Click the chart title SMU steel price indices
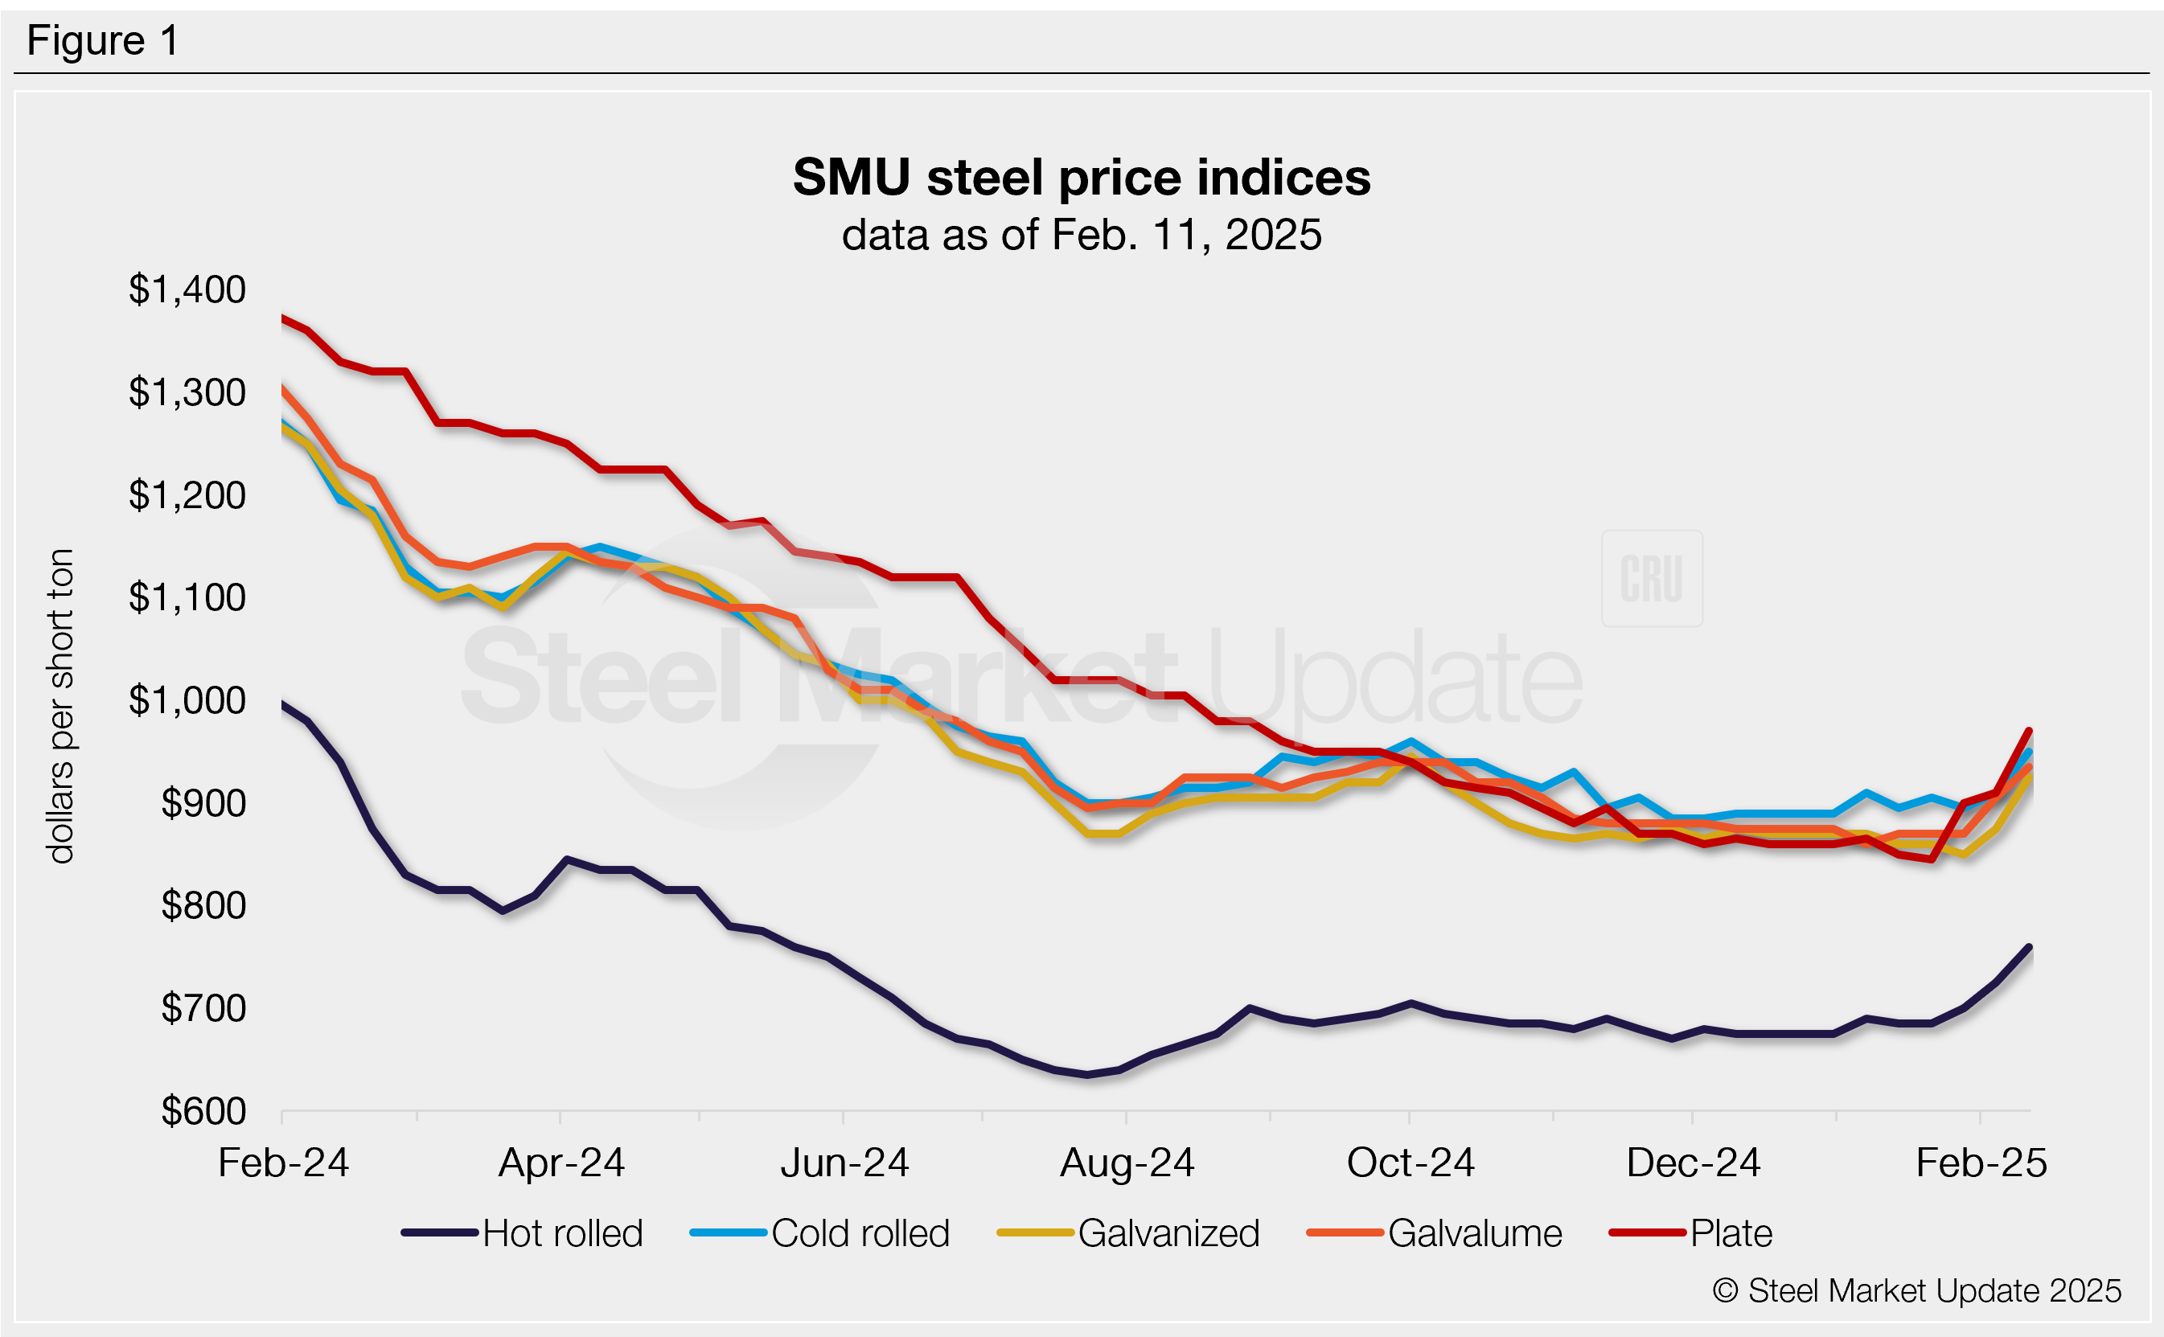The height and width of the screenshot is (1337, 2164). point(1081,177)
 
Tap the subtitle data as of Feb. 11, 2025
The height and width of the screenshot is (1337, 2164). point(1081,236)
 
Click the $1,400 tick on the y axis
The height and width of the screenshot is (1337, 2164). point(187,290)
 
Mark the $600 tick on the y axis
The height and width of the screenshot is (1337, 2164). point(203,1110)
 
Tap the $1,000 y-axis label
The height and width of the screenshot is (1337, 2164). point(187,700)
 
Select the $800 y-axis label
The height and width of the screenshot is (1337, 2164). point(203,905)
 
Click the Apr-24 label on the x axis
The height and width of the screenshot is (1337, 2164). point(561,1163)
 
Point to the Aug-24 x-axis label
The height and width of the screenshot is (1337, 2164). point(1127,1163)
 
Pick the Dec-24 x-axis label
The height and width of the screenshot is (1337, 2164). point(1693,1163)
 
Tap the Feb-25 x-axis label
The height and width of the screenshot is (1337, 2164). point(1981,1163)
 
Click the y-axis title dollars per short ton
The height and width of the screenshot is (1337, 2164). point(60,706)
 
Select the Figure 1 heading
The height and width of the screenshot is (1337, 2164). point(103,41)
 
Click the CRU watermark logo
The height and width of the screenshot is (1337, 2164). point(1651,578)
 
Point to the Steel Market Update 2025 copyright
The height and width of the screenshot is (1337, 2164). point(1916,1291)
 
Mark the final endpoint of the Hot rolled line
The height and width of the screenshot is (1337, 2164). point(2029,947)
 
